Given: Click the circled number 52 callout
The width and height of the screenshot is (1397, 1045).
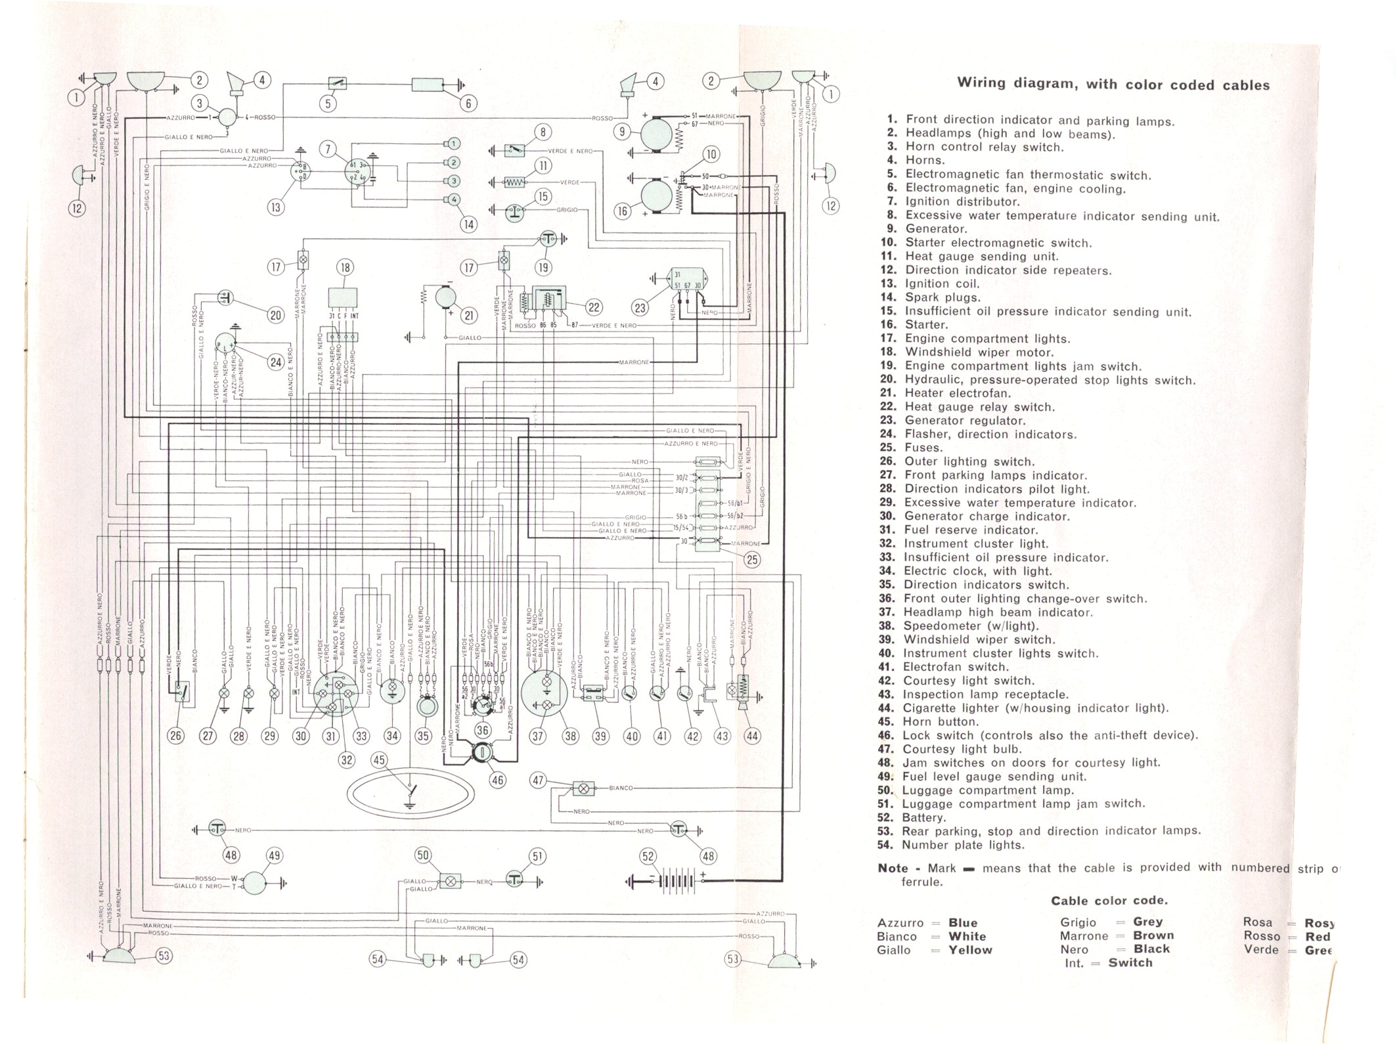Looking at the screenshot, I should [x=648, y=856].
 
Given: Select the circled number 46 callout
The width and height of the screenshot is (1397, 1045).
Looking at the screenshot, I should [x=498, y=780].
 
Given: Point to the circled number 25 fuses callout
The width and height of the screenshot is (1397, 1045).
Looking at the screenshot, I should [x=752, y=560].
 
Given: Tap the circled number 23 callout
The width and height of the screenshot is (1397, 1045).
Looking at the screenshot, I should [x=640, y=308].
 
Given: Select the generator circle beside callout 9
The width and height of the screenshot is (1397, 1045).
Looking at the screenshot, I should [x=657, y=133].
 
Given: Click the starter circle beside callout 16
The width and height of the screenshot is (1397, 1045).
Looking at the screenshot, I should [x=657, y=196].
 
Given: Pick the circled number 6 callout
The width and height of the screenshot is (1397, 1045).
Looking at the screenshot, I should [x=468, y=103].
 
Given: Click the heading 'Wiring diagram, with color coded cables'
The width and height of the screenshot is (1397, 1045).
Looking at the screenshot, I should [x=1113, y=85].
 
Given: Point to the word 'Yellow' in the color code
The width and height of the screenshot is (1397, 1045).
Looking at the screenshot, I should [x=970, y=950].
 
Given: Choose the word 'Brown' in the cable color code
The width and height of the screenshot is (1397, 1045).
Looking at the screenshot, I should [x=1153, y=935].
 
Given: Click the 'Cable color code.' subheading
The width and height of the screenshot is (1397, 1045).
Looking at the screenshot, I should [x=1109, y=901].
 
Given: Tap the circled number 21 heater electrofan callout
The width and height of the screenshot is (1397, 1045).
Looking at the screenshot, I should [x=469, y=316].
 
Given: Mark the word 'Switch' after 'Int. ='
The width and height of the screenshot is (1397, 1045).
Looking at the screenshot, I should [x=1130, y=963].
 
